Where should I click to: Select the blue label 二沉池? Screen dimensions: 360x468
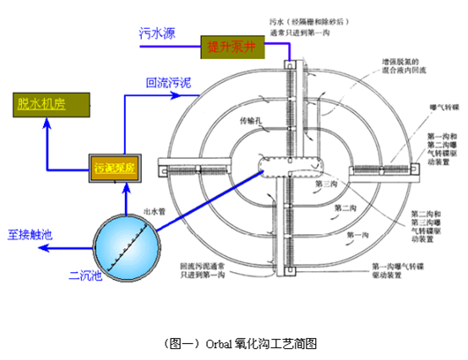click(x=85, y=274)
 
